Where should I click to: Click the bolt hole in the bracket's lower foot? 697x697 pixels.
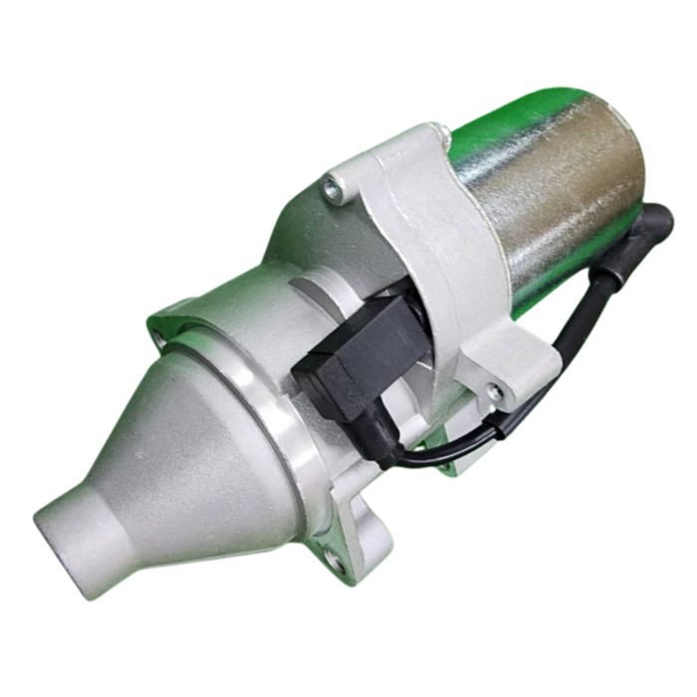(x=495, y=392)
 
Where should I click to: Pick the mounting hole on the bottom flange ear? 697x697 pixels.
(x=335, y=562)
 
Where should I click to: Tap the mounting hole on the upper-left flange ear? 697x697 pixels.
(x=160, y=339)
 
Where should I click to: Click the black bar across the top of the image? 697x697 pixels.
(x=348, y=28)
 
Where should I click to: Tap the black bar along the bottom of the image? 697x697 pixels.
(x=348, y=667)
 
